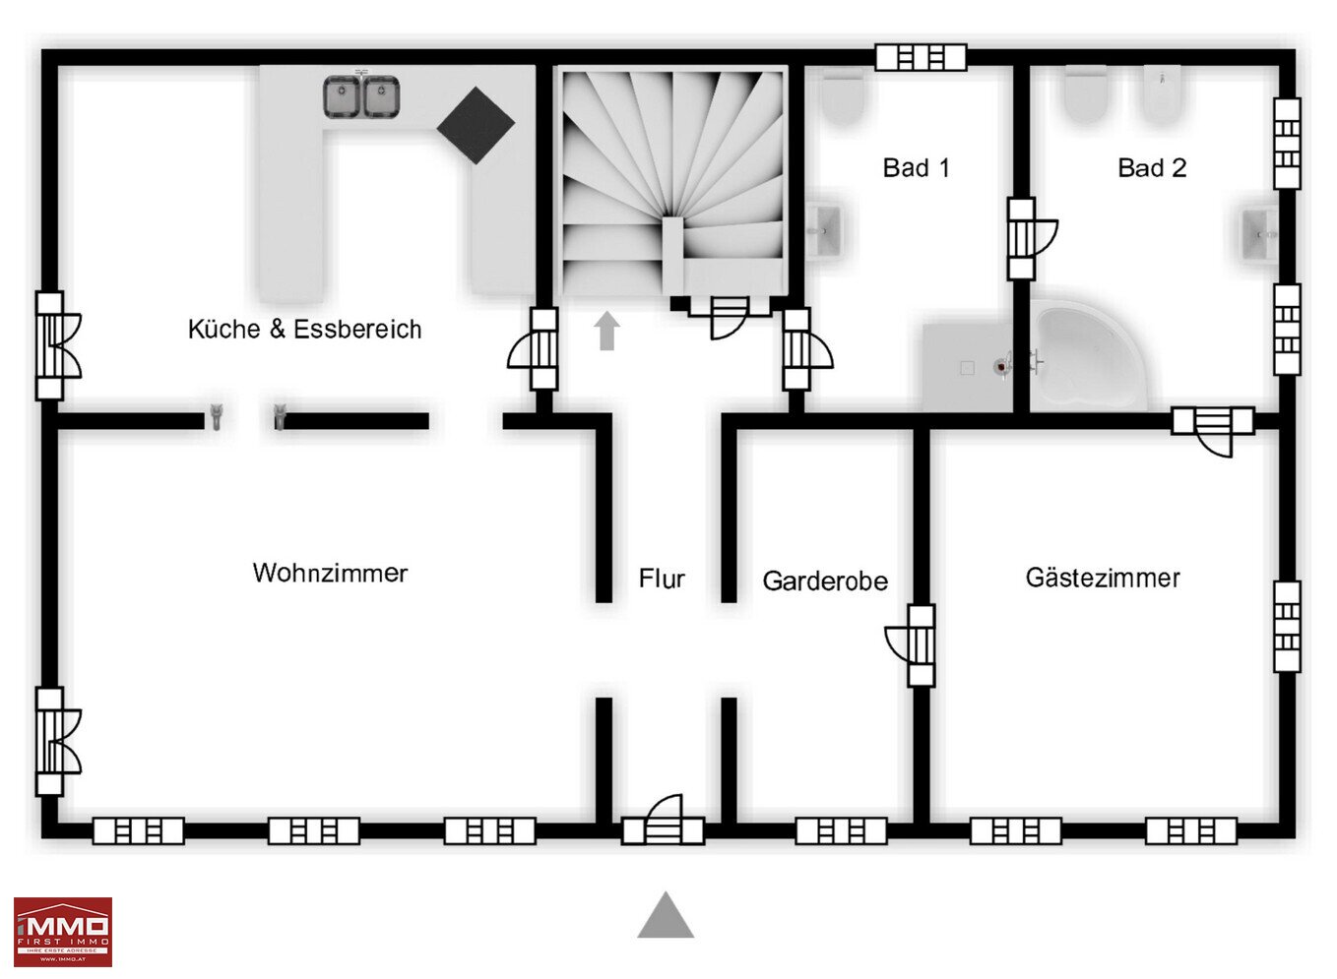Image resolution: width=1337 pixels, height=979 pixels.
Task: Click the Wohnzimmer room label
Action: coord(330,573)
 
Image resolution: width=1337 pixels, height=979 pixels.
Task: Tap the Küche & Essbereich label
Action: coord(304,329)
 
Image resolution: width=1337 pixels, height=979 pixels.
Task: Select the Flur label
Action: coord(662,579)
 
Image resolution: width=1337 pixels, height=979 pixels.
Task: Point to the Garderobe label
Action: coord(825,581)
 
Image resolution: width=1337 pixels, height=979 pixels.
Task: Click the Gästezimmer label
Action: coord(1103,578)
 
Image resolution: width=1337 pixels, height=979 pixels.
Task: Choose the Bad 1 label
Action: coord(916,168)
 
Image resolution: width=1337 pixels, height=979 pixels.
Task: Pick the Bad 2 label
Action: coord(1152,168)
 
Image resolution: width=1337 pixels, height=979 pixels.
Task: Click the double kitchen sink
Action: coord(361,96)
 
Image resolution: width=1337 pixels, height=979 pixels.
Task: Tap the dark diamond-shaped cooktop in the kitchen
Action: coord(476,125)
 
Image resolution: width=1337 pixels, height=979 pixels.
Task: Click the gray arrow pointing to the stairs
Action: coord(607,331)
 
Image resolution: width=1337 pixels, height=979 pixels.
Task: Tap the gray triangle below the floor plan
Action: coord(666,916)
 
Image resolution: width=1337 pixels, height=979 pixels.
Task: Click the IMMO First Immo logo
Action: coord(62,932)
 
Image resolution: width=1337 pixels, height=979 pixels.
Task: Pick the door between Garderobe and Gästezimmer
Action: coord(914,645)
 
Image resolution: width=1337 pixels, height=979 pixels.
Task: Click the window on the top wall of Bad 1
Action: coord(921,58)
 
